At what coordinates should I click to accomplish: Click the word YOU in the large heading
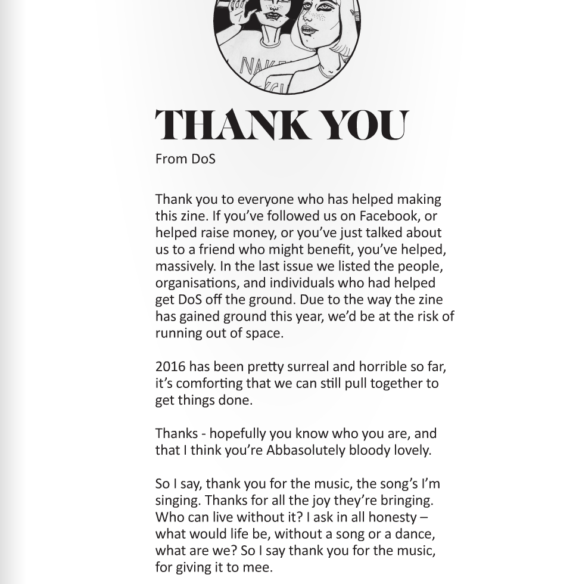pos(365,125)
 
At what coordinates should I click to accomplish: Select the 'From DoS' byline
pos(185,159)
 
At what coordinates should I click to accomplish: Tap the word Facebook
pos(388,216)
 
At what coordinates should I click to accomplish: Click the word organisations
pos(210,283)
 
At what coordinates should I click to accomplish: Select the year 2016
pos(170,366)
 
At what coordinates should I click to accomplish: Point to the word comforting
pos(210,383)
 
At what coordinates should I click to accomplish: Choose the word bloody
pos(369,451)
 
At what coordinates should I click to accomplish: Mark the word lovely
pos(412,451)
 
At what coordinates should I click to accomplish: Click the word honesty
pos(393,517)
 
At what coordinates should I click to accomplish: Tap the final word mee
pos(260,567)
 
